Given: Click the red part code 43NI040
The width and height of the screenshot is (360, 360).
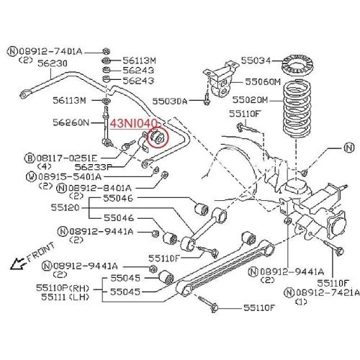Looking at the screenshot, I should click(133, 125).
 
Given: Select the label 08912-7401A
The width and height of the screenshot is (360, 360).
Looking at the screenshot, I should click(50, 51).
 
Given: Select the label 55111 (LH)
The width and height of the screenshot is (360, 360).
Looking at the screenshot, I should click(64, 296).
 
